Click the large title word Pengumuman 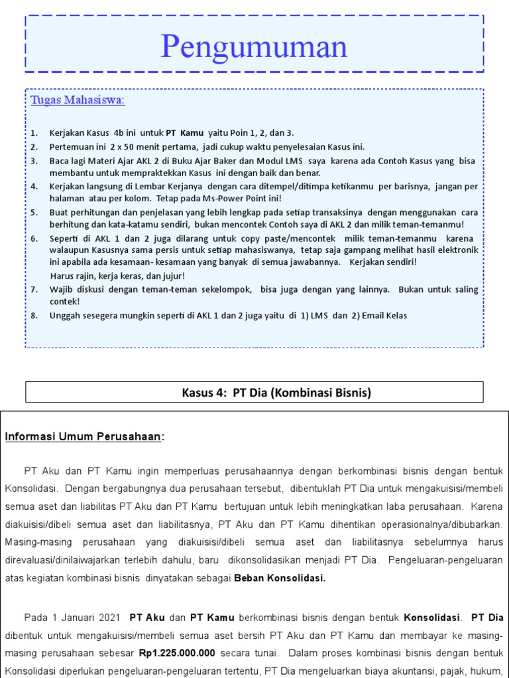tap(254, 46)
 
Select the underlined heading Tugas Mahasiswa tap(78, 101)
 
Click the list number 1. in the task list tap(34, 133)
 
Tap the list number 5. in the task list tap(34, 213)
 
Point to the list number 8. tap(34, 316)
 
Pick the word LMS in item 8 tap(320, 316)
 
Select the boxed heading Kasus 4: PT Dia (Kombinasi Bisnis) tap(276, 393)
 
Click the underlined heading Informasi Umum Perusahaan tap(84, 437)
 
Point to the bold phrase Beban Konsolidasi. tap(280, 578)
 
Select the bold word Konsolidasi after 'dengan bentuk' tap(431, 618)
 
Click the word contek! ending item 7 tap(64, 301)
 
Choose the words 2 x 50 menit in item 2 tap(132, 147)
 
